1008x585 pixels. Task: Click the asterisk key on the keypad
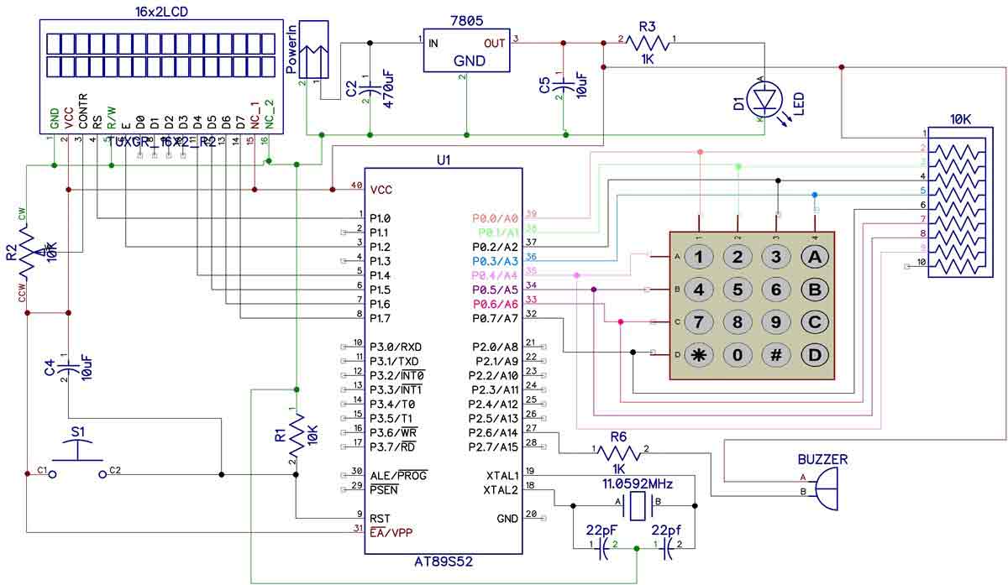click(698, 354)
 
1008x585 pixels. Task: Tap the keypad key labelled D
click(814, 354)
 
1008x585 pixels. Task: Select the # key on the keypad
click(776, 354)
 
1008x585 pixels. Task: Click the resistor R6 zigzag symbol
click(619, 452)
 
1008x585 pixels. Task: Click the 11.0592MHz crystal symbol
click(639, 505)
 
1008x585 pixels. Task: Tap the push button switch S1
click(77, 460)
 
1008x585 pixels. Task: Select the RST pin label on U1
click(381, 518)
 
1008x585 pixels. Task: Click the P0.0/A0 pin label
click(496, 218)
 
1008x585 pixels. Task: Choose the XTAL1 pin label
click(501, 475)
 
